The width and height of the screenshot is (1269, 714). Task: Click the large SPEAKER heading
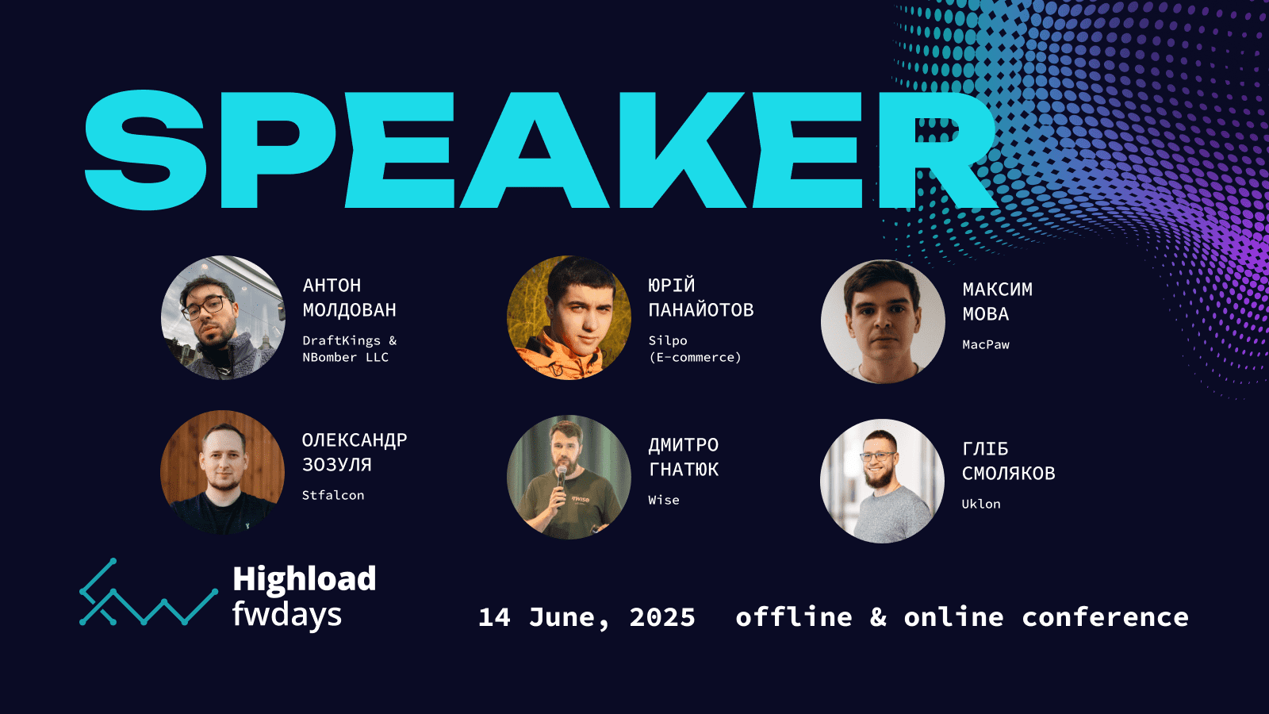(541, 150)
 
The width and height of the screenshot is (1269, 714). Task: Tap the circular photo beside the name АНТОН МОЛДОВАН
(223, 318)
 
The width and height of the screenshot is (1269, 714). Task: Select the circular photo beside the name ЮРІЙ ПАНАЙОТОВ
(569, 318)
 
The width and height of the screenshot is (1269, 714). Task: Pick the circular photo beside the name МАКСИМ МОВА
(883, 321)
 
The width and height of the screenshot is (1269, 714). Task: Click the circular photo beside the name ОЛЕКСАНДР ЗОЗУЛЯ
(223, 472)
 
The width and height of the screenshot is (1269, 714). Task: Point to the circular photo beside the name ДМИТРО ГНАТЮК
(569, 477)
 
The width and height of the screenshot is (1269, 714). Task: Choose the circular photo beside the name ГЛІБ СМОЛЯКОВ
(882, 481)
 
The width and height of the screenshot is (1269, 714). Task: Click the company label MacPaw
(986, 344)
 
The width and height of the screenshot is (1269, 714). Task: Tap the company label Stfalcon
(333, 495)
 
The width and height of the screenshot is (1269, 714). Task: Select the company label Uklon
(981, 504)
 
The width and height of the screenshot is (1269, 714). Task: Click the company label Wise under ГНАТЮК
(664, 500)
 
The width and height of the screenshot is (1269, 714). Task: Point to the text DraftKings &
(350, 340)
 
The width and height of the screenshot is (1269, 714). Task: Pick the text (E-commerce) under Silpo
(695, 358)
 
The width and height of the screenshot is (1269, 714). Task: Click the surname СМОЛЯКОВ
(1008, 473)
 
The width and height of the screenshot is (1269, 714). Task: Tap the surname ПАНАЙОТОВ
(701, 310)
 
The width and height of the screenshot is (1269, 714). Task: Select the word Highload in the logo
(305, 578)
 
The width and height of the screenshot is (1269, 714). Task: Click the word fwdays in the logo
(287, 615)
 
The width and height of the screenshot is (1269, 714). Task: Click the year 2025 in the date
(662, 617)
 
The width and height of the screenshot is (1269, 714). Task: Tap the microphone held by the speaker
(561, 479)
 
